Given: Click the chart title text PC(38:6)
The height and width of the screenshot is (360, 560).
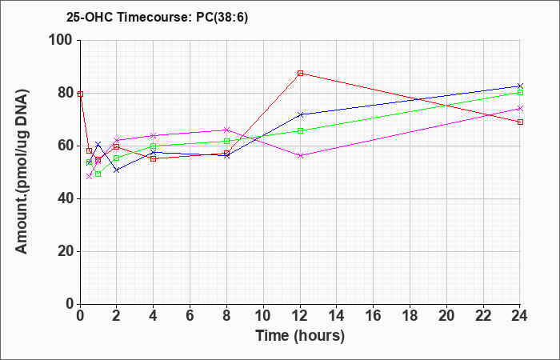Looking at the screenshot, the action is pyautogui.click(x=222, y=18).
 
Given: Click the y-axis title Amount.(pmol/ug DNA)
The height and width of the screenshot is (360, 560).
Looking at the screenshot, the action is pyautogui.click(x=22, y=171).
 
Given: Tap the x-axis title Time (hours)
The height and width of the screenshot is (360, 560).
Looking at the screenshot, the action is pyautogui.click(x=300, y=336).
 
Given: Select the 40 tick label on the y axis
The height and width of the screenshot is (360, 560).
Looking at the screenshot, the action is pyautogui.click(x=66, y=198).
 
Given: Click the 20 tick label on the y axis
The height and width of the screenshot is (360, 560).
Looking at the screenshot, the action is pyautogui.click(x=66, y=251).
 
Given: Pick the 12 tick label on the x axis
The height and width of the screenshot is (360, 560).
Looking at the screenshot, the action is pyautogui.click(x=300, y=316).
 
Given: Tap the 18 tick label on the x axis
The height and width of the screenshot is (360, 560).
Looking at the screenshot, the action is pyautogui.click(x=410, y=316).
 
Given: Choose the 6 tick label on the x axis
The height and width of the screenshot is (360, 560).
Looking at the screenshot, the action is pyautogui.click(x=190, y=316).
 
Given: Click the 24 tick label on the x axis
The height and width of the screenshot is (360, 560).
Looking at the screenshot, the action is pyautogui.click(x=520, y=316).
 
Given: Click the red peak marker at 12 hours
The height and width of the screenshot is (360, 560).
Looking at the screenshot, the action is pyautogui.click(x=300, y=74).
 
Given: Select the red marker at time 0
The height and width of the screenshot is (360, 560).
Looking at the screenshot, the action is pyautogui.click(x=80, y=94).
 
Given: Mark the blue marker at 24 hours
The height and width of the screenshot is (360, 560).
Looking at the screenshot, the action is pyautogui.click(x=520, y=86).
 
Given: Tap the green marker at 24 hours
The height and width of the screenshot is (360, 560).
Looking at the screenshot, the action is pyautogui.click(x=520, y=93).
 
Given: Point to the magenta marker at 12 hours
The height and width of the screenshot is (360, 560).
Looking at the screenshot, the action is pyautogui.click(x=300, y=156).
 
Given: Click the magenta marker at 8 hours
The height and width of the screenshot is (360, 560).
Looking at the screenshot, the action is pyautogui.click(x=226, y=130).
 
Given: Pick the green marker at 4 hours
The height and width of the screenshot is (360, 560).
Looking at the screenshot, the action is pyautogui.click(x=154, y=146).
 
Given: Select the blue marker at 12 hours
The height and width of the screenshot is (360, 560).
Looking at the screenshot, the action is pyautogui.click(x=300, y=114).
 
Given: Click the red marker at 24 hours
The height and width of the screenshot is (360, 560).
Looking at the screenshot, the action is pyautogui.click(x=520, y=122).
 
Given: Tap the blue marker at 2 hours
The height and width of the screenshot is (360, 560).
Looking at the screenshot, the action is pyautogui.click(x=117, y=170).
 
